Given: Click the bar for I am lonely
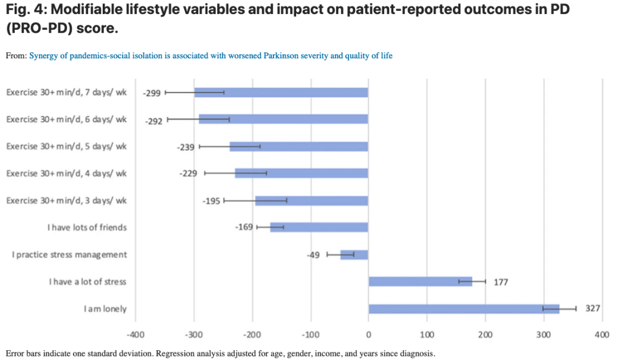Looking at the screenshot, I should pos(464,309).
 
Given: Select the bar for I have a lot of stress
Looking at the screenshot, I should pos(420,282).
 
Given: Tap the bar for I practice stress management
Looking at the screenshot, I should pos(354,254).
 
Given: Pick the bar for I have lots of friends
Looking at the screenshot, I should pos(319,227).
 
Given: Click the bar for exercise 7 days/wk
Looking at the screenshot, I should pos(281,92).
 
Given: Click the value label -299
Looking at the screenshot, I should pos(151,94).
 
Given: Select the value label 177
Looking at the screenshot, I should pos(500,282).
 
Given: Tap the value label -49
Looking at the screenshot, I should pos(314,255).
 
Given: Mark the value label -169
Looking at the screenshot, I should pos(243,228).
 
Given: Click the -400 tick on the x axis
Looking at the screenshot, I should pos(135,335).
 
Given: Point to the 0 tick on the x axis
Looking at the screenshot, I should pos(368,335).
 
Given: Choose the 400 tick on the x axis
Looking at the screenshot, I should pos(601,335).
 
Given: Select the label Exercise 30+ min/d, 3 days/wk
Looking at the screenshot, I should pos(66,201).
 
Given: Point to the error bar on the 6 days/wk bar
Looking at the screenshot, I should pos(199,119).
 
